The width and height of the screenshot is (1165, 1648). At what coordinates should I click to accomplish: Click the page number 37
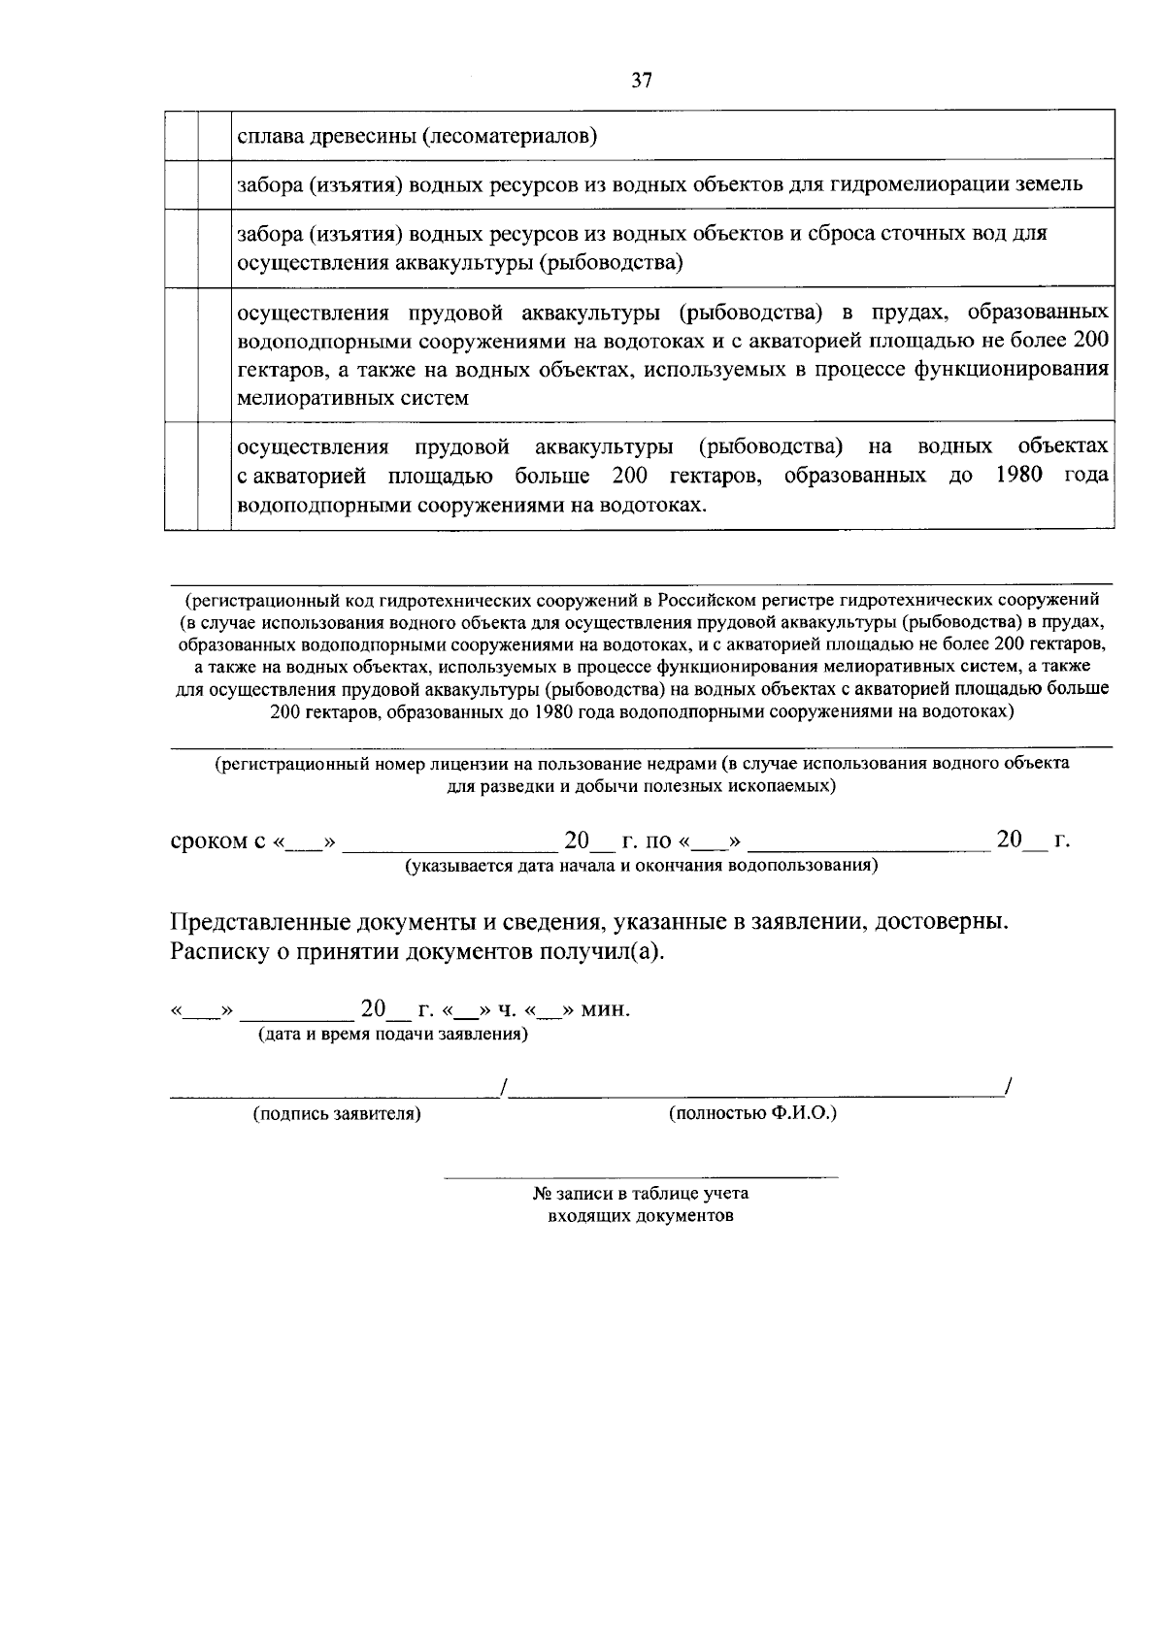click(641, 81)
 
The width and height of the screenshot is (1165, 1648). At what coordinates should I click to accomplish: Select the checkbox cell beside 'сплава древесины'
click(214, 136)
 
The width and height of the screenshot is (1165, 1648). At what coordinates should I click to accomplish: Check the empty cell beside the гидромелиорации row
click(214, 184)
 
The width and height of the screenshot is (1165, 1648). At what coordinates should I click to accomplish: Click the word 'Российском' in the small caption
click(708, 599)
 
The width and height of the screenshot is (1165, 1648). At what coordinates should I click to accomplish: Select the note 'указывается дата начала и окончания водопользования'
click(642, 865)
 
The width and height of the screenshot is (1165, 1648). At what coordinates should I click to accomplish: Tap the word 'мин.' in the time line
click(607, 1009)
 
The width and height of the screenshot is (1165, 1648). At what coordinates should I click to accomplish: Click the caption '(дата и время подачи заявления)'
click(393, 1035)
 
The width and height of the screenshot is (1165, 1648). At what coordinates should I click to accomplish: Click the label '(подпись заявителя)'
click(337, 1114)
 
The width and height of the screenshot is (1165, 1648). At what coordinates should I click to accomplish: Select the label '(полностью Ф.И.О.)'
click(752, 1113)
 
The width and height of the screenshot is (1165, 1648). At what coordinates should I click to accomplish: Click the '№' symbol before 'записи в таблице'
click(542, 1194)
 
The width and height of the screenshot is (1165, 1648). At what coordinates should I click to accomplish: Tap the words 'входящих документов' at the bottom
click(641, 1215)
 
